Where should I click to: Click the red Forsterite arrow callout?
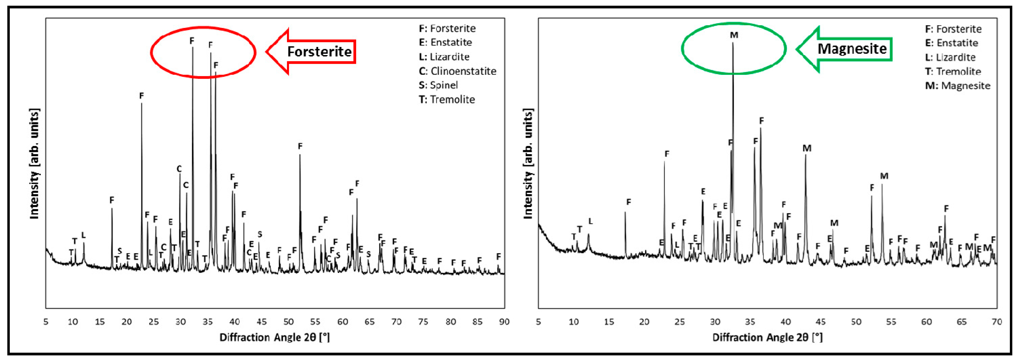click(x=312, y=51)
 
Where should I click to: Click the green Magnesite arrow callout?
click(x=846, y=49)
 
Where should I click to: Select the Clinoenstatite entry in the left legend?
click(x=458, y=71)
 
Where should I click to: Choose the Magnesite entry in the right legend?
click(x=958, y=86)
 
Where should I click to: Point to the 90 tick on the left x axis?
click(x=504, y=322)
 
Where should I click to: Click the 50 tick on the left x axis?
click(x=289, y=322)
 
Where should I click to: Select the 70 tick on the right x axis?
click(x=997, y=322)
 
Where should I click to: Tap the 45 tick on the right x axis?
click(x=821, y=322)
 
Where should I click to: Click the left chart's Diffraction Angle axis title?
click(x=275, y=337)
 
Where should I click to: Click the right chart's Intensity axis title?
click(x=528, y=164)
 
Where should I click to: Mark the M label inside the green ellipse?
click(x=734, y=35)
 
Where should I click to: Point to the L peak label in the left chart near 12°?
click(x=83, y=235)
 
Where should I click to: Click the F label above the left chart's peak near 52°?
click(x=300, y=146)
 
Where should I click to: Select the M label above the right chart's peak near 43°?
click(x=807, y=148)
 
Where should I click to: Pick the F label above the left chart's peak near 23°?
click(x=142, y=96)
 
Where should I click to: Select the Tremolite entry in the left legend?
click(x=447, y=100)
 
